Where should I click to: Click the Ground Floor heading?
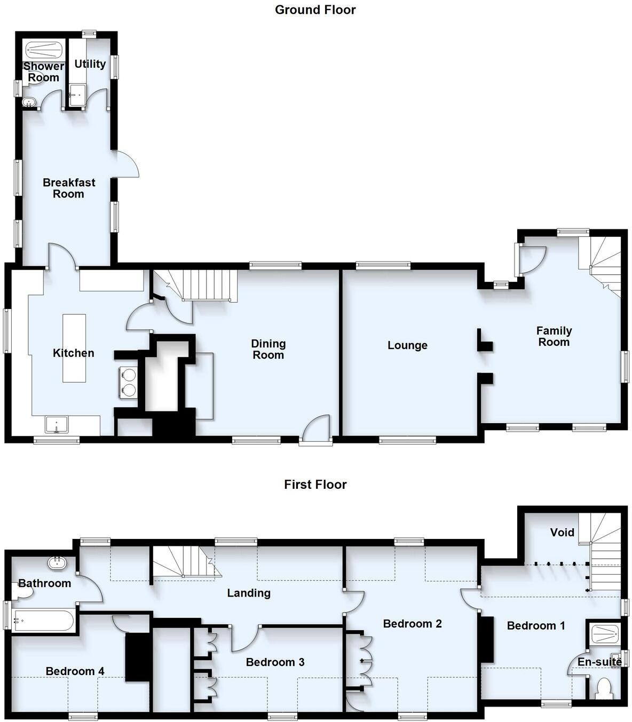pos(315,10)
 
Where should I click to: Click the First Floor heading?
pos(315,485)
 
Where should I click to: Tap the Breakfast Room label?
pos(69,188)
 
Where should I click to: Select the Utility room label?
pos(90,64)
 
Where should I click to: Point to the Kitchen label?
pos(73,353)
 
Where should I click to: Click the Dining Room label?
pos(268,349)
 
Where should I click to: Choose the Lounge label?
pos(407,345)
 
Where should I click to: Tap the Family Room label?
pos(554,336)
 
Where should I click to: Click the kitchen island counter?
pos(74,347)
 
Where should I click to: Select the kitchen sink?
pos(57,425)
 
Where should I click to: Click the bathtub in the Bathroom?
pos(43,621)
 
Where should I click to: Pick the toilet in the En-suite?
pos(604,687)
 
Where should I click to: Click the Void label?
pos(562,532)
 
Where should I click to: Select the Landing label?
pos(249,593)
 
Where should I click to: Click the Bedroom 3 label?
pos(275,662)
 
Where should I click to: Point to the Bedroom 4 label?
pos(75,671)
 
